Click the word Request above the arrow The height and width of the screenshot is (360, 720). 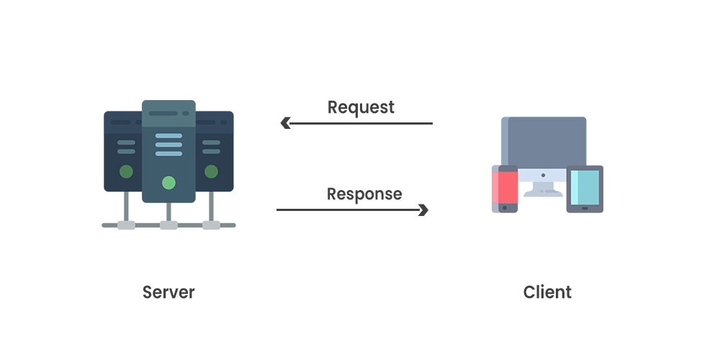click(361, 107)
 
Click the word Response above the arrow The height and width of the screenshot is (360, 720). click(364, 194)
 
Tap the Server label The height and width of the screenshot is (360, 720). click(168, 292)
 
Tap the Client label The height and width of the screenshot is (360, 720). click(547, 292)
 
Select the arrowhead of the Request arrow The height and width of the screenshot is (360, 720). click(285, 123)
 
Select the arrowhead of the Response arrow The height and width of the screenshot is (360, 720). click(423, 210)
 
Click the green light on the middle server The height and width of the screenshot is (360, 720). click(168, 182)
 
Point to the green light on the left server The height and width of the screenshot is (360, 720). click(126, 171)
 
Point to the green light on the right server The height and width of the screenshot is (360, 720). click(211, 171)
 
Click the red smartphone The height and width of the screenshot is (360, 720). click(505, 189)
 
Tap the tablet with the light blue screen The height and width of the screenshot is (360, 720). click(585, 189)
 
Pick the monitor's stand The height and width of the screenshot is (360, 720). click(544, 189)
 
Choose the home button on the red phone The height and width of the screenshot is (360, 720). click(505, 207)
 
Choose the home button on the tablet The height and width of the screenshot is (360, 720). click(585, 208)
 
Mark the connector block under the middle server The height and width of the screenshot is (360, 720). click(168, 225)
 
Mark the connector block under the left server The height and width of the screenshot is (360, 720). click(126, 225)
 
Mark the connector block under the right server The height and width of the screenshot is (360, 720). click(211, 225)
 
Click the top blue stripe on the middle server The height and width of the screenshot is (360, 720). click(168, 135)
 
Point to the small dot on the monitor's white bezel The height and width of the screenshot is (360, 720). click(544, 174)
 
